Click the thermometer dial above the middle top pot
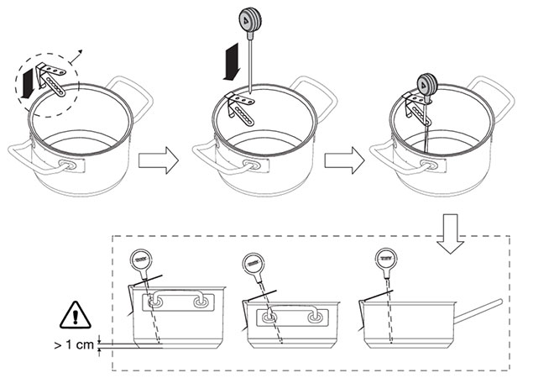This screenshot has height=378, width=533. pyautogui.click(x=250, y=18)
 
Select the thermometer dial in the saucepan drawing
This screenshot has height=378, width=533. pyautogui.click(x=388, y=258)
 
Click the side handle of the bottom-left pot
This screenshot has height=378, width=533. pyautogui.click(x=177, y=302)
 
